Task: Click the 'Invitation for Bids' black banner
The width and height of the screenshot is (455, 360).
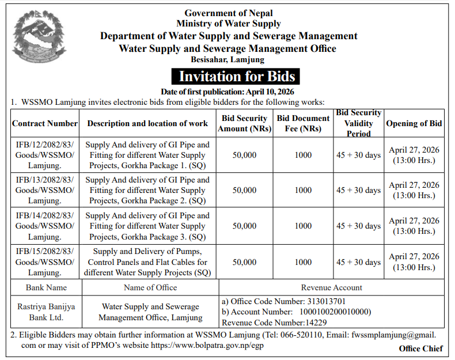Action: [236, 77]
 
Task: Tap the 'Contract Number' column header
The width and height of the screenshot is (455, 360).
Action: [45, 123]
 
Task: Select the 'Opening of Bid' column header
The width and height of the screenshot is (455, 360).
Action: [414, 123]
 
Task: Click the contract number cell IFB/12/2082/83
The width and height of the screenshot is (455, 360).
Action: [45, 155]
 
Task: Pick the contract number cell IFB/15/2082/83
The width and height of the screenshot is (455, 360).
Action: [45, 262]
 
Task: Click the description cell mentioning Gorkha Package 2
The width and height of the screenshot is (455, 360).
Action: [147, 190]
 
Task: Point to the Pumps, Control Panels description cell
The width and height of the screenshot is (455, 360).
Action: [147, 262]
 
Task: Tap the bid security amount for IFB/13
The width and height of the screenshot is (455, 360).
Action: [245, 190]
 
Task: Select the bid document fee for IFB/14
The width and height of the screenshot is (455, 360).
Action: [303, 226]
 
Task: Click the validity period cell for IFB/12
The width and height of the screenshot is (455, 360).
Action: [358, 156]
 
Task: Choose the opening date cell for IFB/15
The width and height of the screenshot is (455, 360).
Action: [414, 262]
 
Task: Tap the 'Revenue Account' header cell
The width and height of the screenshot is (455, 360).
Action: [331, 287]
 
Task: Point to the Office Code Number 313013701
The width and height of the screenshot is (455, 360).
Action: [324, 301]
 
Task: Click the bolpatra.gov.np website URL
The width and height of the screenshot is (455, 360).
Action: [207, 346]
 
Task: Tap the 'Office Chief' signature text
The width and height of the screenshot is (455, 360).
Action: [420, 348]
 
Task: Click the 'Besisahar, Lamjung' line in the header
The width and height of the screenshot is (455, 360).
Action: [227, 59]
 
